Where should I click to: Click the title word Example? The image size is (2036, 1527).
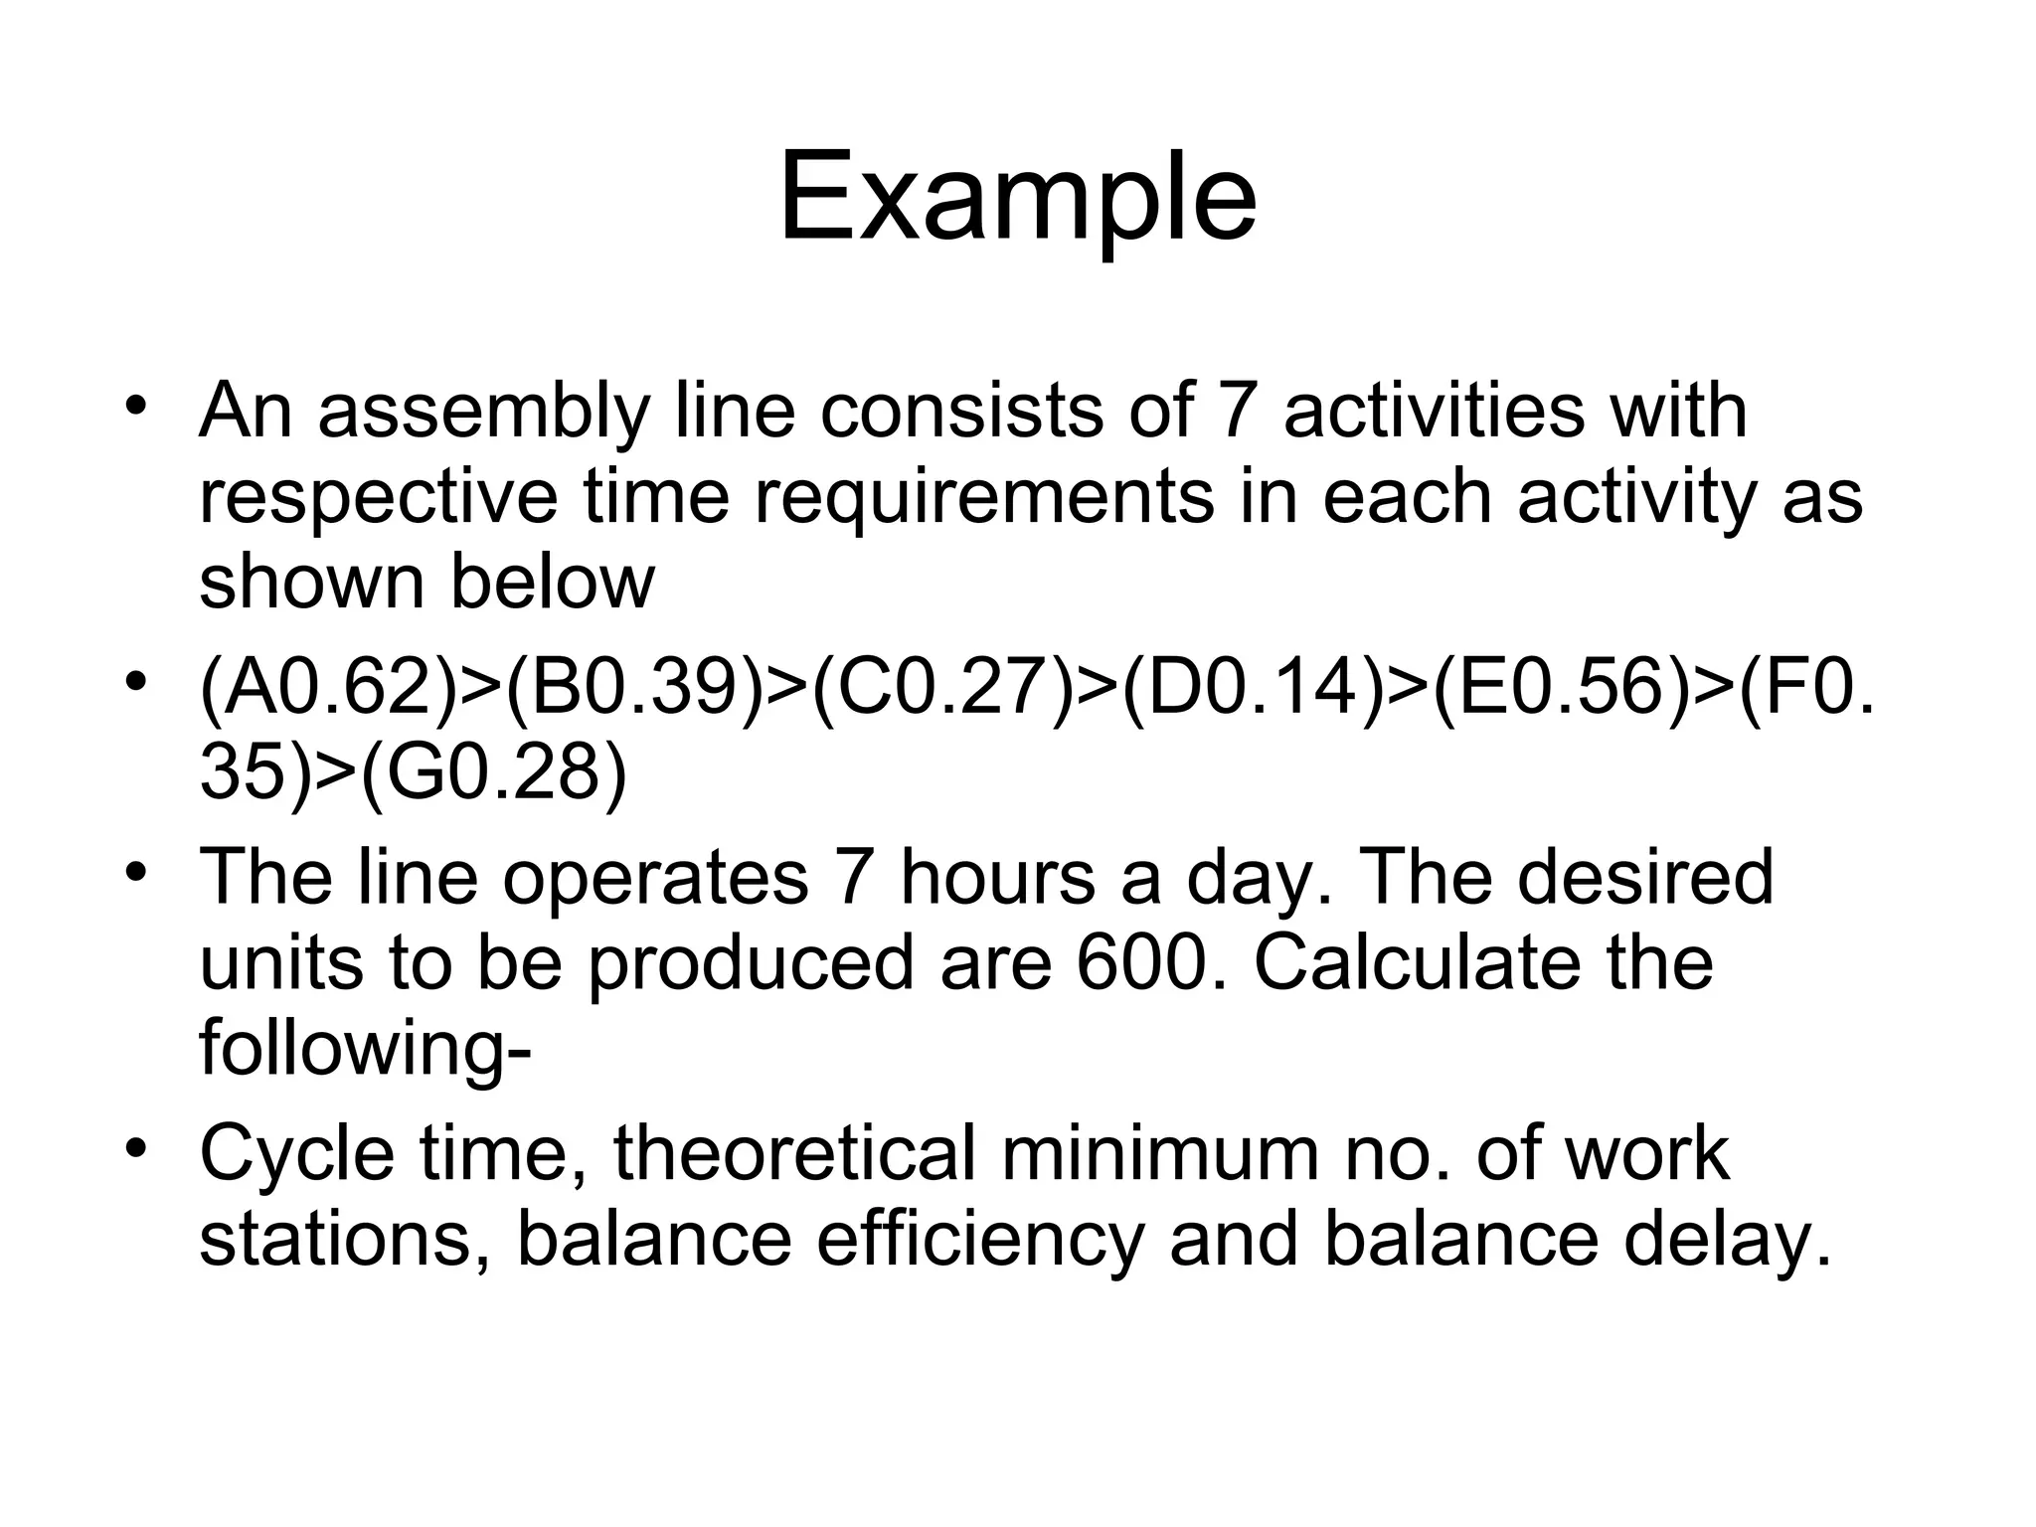pos(1017,199)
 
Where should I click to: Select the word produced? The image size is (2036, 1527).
pos(751,962)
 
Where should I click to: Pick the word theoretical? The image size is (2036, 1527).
pos(793,1153)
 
